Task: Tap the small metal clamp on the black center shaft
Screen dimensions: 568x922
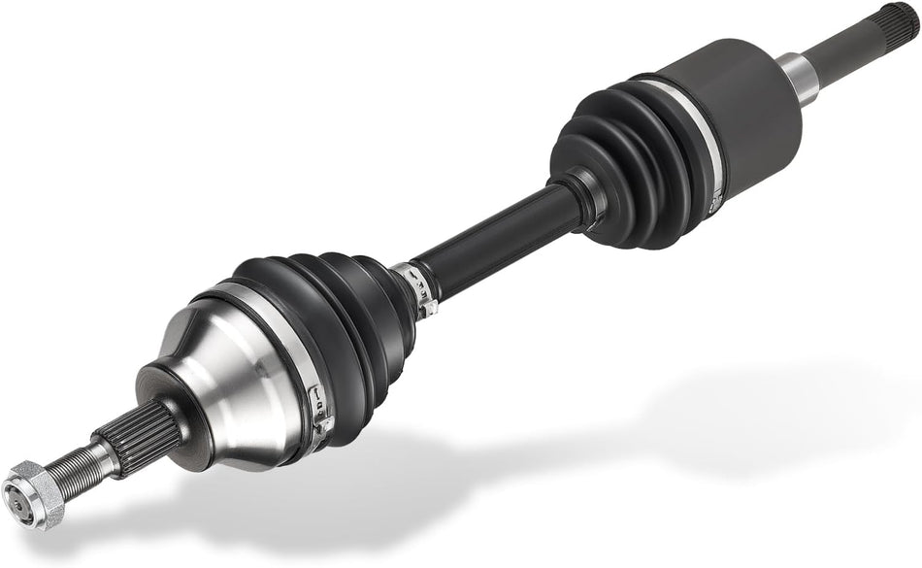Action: click(x=417, y=286)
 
